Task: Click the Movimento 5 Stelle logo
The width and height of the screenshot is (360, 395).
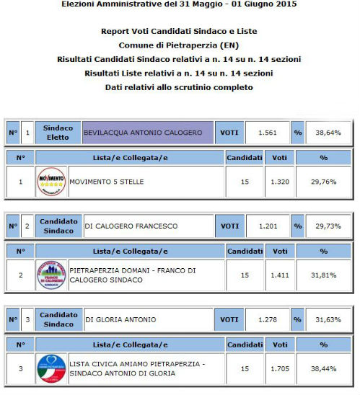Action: point(51,182)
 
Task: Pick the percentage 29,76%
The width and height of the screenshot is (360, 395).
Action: point(323,182)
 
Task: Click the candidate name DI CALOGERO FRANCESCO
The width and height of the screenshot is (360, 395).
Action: point(131,226)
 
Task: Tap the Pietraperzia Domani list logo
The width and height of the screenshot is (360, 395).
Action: point(51,275)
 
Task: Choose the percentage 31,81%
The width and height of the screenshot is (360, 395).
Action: point(323,275)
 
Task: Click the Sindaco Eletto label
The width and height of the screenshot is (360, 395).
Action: point(58,133)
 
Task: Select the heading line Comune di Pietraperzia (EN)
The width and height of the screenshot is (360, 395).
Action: point(180,45)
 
